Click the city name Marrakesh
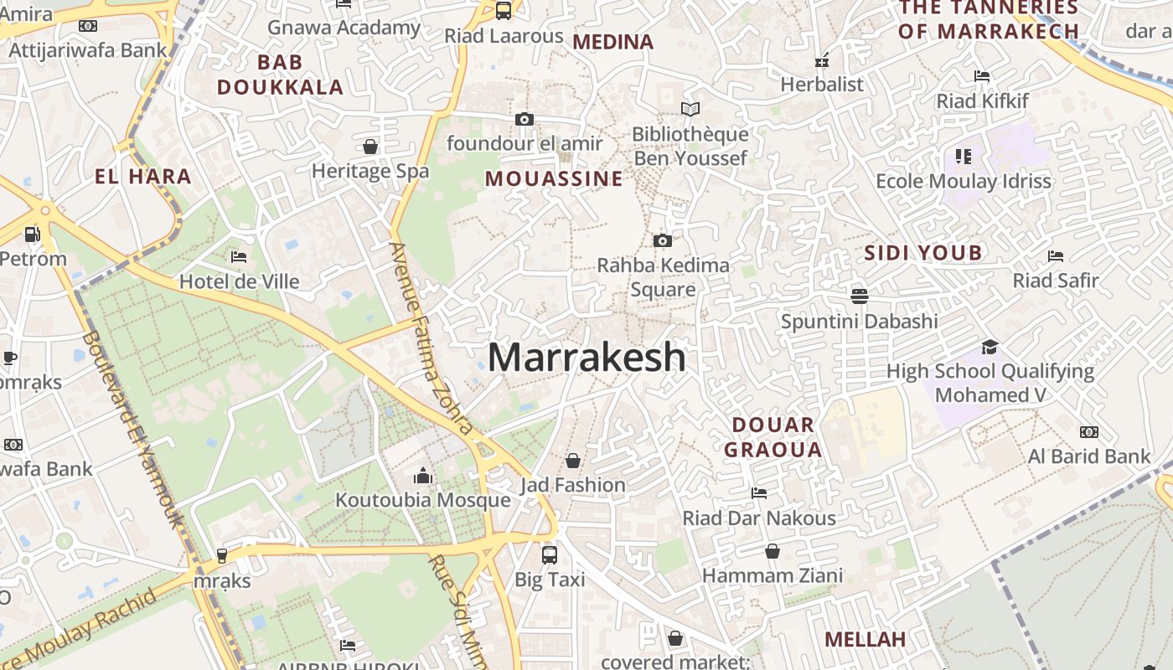click(x=586, y=358)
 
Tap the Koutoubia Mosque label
click(x=422, y=500)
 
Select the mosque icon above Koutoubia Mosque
click(x=423, y=477)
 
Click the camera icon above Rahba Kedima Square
click(x=663, y=241)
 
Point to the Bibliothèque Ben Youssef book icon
click(x=690, y=109)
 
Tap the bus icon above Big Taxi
click(x=550, y=554)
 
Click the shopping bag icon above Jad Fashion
click(x=573, y=461)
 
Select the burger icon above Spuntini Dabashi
click(x=859, y=296)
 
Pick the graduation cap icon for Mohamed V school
click(x=990, y=347)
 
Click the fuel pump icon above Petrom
click(x=32, y=234)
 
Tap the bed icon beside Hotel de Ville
click(x=239, y=256)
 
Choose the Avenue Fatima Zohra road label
click(x=431, y=338)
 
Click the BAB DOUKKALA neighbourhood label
click(x=280, y=75)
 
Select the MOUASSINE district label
click(x=554, y=178)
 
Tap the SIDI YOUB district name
click(x=922, y=253)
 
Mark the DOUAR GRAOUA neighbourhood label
click(x=773, y=437)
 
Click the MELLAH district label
click(x=866, y=640)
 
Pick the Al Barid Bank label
click(x=1089, y=456)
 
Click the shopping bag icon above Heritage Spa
click(x=370, y=147)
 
